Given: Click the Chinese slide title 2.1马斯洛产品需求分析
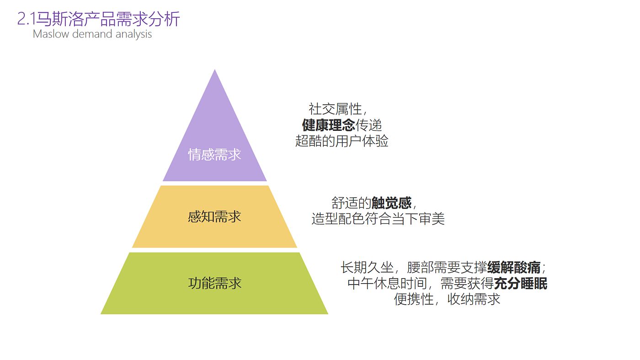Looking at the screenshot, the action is click(x=99, y=19).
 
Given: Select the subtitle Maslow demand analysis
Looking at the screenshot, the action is click(x=92, y=34).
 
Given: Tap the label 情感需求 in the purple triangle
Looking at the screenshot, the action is click(x=214, y=155).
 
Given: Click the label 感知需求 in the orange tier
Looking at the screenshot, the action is click(x=214, y=216).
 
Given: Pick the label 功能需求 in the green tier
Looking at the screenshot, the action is click(x=214, y=283).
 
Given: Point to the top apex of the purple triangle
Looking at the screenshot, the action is click(x=215, y=71).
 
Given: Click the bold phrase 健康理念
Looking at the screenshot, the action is click(x=328, y=125).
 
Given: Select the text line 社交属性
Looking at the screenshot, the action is click(x=336, y=109).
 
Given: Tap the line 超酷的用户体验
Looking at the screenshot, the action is click(x=341, y=141).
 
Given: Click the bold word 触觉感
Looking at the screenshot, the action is click(x=391, y=203).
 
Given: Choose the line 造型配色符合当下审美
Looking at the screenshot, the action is click(x=378, y=219).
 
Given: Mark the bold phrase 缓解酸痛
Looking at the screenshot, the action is click(x=514, y=267).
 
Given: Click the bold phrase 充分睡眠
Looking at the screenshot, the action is click(x=521, y=284).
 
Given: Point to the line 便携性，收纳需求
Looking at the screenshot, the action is click(x=447, y=299).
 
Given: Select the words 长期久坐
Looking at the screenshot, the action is click(x=367, y=267).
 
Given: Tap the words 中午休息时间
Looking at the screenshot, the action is click(x=387, y=284).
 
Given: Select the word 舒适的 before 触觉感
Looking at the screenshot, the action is click(x=351, y=203).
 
